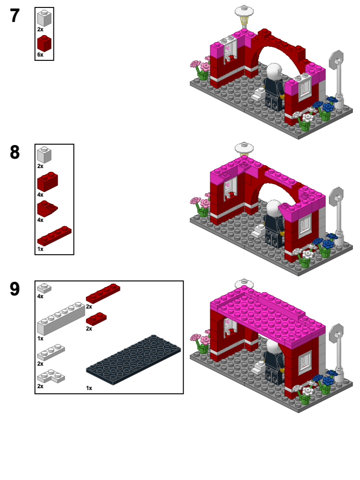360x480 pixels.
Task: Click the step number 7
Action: pos(15,16)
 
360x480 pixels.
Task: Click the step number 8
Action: pos(15,153)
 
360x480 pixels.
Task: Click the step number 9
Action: pos(15,289)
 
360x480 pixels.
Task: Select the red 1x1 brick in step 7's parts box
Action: pos(44,44)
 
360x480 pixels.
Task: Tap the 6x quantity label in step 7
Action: pos(40,55)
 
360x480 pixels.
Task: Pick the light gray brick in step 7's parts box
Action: pos(44,18)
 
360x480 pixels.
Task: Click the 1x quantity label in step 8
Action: pos(40,249)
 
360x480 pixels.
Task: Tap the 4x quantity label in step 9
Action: pos(40,296)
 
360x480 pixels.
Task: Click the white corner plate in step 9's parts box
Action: pos(51,376)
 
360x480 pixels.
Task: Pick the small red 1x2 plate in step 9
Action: pos(96,318)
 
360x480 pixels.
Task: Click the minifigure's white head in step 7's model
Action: pos(273,72)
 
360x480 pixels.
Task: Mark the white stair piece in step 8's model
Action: pos(258,230)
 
